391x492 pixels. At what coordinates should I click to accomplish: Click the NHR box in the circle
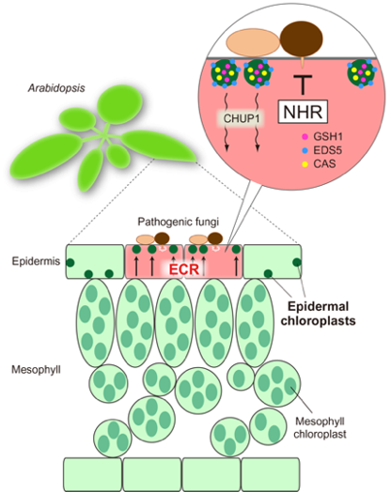click(303, 112)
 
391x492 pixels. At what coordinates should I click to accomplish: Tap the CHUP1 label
click(241, 118)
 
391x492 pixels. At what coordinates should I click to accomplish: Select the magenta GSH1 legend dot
click(305, 137)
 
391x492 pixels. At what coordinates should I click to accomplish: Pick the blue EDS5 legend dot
click(305, 150)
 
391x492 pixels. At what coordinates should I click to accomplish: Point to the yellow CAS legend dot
click(305, 163)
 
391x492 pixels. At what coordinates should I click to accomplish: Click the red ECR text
click(184, 269)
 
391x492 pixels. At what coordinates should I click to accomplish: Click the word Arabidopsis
click(56, 88)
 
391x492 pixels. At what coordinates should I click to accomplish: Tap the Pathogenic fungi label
click(178, 222)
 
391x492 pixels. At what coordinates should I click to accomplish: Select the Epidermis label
click(36, 261)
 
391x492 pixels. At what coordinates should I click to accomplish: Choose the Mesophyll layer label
click(36, 370)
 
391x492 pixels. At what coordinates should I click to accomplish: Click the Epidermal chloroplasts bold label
click(318, 314)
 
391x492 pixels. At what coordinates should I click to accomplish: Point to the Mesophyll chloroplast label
click(320, 427)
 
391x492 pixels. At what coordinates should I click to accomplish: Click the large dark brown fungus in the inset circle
click(301, 38)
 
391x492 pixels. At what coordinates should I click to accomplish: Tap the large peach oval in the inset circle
click(253, 42)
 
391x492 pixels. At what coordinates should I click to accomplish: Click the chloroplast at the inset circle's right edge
click(362, 73)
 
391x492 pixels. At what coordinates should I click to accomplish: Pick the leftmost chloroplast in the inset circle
click(226, 73)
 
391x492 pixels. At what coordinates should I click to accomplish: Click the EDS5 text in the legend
click(327, 150)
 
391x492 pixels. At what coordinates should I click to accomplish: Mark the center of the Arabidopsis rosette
click(102, 136)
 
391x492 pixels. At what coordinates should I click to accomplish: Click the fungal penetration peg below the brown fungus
click(303, 62)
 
